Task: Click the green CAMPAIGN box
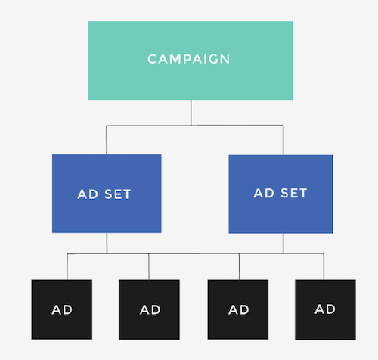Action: (x=191, y=61)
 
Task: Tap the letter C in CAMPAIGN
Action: (x=152, y=59)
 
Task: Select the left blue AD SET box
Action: (x=107, y=194)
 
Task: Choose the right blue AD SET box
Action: (x=280, y=194)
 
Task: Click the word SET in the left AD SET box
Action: (x=118, y=194)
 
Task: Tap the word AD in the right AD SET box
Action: (x=264, y=193)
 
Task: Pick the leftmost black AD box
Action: (x=62, y=309)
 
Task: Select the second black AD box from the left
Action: (x=149, y=309)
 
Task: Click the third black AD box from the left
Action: (x=238, y=309)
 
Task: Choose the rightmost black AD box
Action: (x=325, y=309)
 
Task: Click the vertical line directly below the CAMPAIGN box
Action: (x=191, y=113)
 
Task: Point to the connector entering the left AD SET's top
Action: (x=107, y=140)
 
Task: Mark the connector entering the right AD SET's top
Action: (x=283, y=140)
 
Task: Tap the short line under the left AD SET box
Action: (x=107, y=243)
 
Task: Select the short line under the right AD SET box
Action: (x=283, y=244)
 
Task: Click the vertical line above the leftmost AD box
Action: (x=67, y=266)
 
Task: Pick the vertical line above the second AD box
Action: (x=149, y=266)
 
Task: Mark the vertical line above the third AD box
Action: (x=239, y=266)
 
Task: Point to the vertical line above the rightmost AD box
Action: (x=324, y=266)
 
